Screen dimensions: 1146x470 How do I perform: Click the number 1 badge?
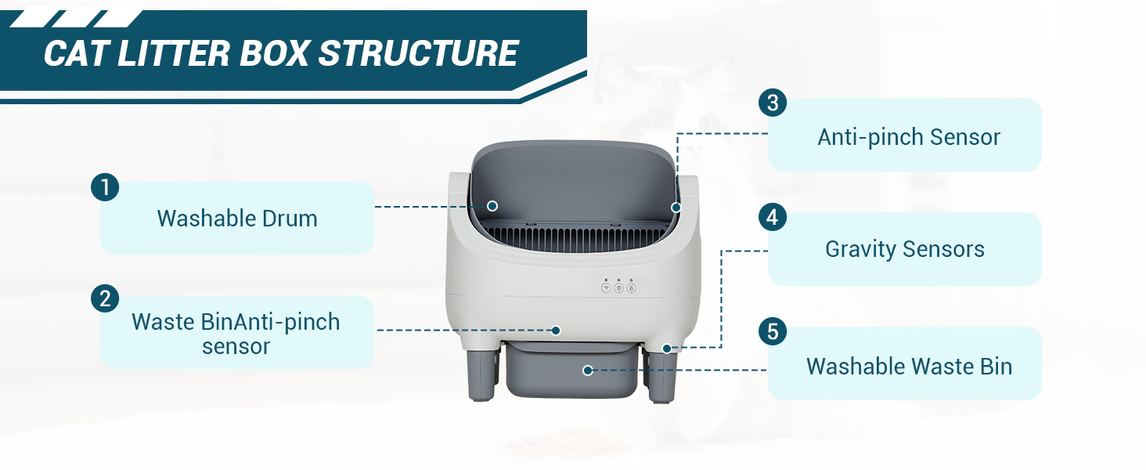tap(105, 187)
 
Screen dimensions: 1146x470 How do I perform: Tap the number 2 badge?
tap(105, 298)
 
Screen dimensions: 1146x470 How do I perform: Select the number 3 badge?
tap(773, 103)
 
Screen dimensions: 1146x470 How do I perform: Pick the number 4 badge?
tap(773, 217)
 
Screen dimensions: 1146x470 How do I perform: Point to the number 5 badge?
tap(773, 331)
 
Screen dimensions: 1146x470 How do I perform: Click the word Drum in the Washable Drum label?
tap(290, 219)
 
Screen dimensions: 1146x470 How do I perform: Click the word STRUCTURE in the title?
tap(419, 53)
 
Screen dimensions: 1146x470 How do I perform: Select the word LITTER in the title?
tap(174, 53)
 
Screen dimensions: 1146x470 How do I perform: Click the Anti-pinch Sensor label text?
tap(909, 137)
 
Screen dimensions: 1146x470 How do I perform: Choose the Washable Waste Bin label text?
tap(909, 367)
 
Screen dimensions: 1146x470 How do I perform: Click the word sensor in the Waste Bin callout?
tap(236, 346)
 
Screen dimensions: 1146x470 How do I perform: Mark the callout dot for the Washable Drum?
tap(492, 206)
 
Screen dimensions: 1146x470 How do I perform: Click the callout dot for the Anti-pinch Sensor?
tap(676, 208)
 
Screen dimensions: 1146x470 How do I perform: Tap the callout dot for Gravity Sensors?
tap(667, 349)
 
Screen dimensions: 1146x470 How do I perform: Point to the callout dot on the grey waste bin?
tap(588, 371)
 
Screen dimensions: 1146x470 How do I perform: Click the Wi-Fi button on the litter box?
tap(606, 287)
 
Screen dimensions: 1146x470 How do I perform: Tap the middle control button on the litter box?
tap(618, 287)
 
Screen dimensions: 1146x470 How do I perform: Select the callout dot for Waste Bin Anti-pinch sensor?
tap(556, 331)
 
